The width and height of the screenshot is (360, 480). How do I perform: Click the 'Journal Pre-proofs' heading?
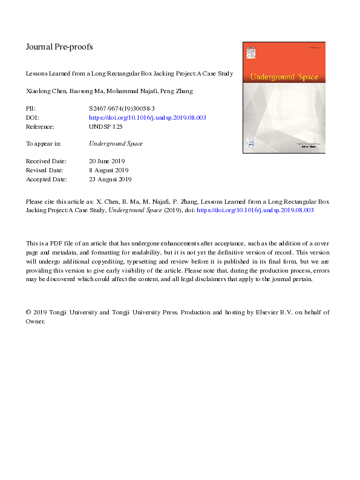tap(59, 47)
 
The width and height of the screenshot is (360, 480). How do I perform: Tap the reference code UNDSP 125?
tap(106, 127)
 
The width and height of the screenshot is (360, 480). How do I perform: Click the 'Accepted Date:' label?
tap(48, 180)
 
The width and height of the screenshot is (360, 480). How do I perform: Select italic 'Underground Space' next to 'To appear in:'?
tap(116, 144)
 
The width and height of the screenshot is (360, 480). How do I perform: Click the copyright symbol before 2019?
tap(29, 313)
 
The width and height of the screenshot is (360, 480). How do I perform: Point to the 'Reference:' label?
tap(41, 127)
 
